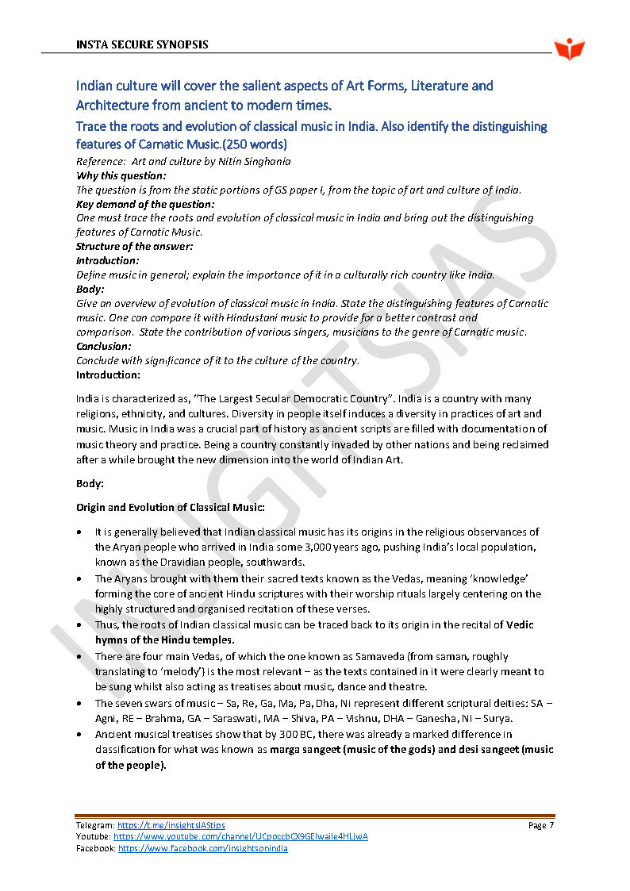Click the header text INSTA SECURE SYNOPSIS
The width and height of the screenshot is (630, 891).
pos(142,44)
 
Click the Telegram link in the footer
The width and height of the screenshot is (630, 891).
pos(171,826)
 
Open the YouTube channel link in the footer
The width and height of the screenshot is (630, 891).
pos(240,837)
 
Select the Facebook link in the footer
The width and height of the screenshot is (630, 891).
pos(203,848)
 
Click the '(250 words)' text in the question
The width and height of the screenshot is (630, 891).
pos(255,144)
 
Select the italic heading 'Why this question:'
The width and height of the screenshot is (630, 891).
pos(121,175)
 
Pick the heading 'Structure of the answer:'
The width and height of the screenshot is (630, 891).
pos(135,247)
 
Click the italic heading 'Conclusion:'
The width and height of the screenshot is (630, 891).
pos(104,347)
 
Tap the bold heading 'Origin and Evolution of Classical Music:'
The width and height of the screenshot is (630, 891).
pos(171,506)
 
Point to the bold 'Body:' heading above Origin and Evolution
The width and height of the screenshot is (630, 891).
pos(90,483)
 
